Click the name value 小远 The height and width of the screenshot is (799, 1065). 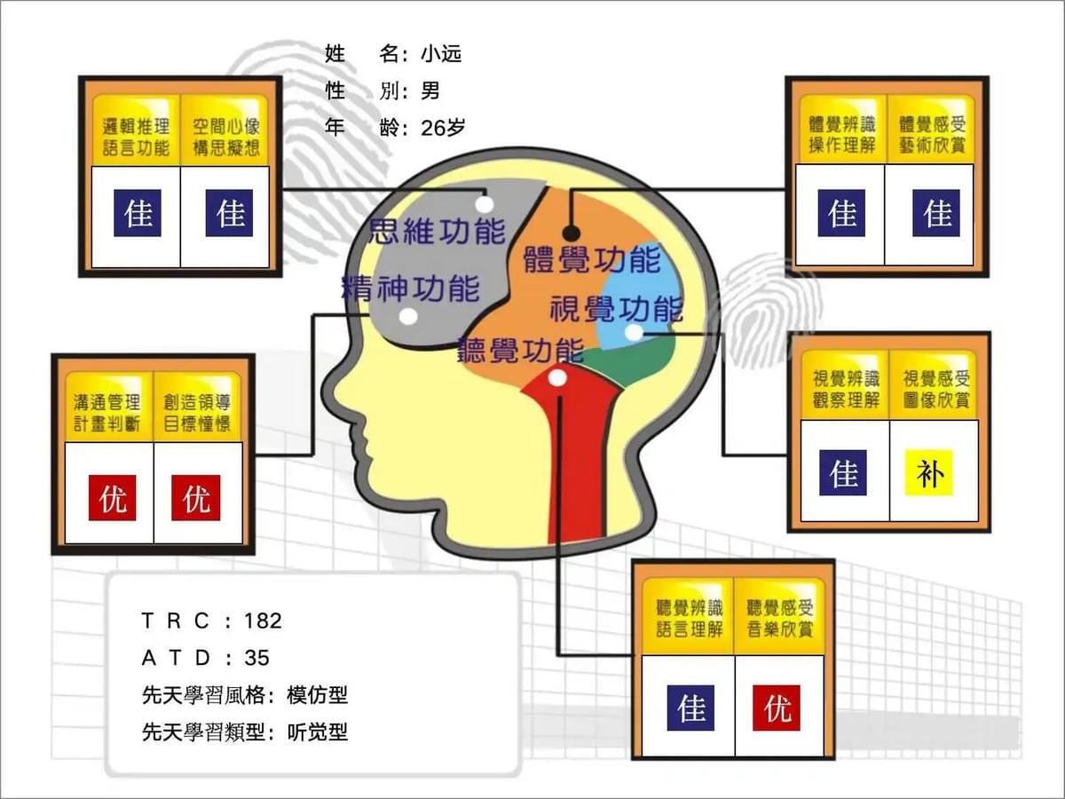[441, 53]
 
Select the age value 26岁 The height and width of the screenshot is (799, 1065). [443, 128]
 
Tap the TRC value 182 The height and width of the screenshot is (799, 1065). [263, 621]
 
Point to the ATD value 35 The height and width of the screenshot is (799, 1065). [256, 658]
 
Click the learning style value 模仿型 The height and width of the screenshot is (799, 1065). [318, 695]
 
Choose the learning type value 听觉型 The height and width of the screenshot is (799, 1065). [318, 732]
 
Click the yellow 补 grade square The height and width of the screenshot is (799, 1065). [928, 473]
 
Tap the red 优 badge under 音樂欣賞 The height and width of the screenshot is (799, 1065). [777, 708]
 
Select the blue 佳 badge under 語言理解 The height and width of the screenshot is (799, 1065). [690, 708]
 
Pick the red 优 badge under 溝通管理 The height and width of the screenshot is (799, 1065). [112, 498]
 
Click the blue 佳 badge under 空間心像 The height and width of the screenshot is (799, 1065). [229, 213]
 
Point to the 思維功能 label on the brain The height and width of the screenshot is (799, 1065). [438, 232]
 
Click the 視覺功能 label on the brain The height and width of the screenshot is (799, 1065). [617, 309]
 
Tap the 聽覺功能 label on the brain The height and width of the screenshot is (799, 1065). [521, 351]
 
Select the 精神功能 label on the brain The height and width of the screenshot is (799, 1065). [411, 289]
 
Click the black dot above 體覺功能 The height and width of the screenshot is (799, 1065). [571, 233]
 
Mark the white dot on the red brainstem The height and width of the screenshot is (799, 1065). [557, 377]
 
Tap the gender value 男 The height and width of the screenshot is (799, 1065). [430, 91]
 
